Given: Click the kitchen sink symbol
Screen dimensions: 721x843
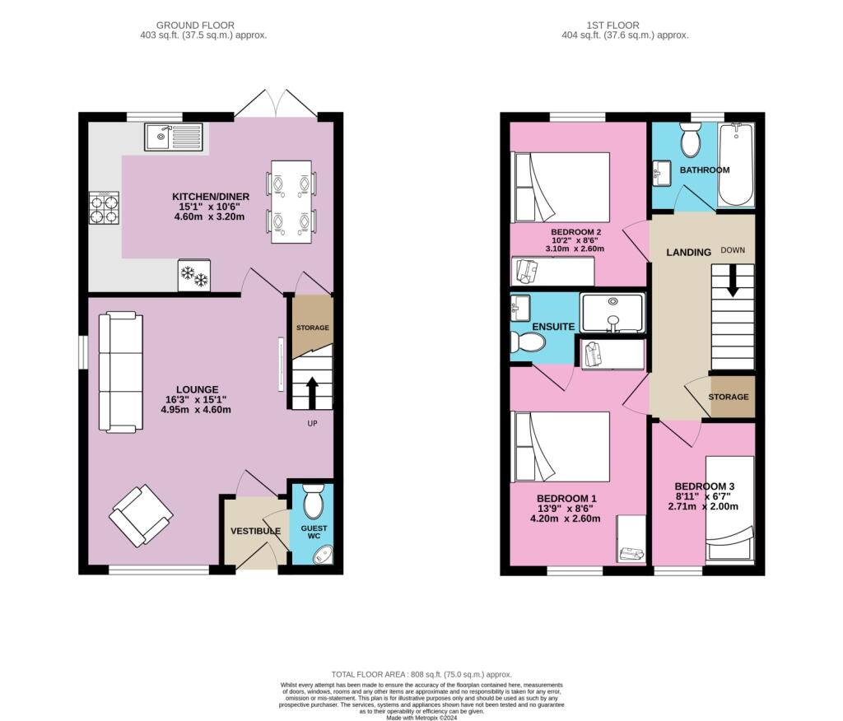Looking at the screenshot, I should [174, 137].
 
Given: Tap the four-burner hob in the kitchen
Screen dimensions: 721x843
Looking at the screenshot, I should [104, 207].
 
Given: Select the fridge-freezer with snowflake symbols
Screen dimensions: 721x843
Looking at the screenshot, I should [194, 276].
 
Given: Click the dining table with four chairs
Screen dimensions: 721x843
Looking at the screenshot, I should [291, 201].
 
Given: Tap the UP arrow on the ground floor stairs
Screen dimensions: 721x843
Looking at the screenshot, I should [312, 391].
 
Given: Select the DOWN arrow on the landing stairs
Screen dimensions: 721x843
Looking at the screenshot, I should [733, 285].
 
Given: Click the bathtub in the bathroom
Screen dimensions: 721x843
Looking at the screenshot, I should [736, 165].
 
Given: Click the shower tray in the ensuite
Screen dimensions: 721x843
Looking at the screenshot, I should [612, 313].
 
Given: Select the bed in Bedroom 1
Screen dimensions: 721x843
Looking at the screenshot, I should [561, 447].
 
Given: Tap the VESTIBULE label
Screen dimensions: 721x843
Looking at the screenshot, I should [255, 532].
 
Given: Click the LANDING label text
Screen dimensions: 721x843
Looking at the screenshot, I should [688, 253].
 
